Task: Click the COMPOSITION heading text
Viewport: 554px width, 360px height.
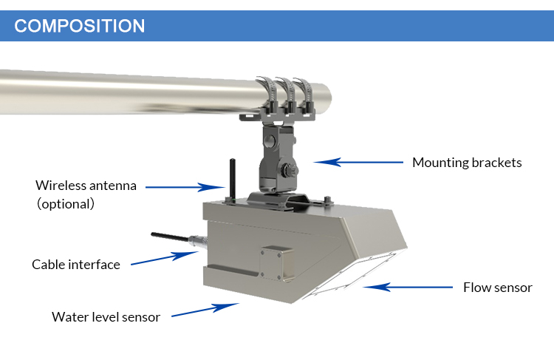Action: (80, 26)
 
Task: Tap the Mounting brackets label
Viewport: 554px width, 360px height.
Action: (467, 163)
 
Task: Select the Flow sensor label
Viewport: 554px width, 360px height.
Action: (497, 288)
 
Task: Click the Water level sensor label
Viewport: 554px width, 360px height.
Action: (106, 317)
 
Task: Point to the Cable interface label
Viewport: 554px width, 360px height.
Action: (76, 265)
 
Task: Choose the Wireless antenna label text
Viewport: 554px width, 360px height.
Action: (86, 186)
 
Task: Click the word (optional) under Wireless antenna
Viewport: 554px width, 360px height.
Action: (66, 204)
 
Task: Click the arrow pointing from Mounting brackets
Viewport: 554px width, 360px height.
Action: (358, 163)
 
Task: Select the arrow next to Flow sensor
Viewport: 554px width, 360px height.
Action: (408, 287)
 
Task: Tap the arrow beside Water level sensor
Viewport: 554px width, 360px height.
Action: (205, 310)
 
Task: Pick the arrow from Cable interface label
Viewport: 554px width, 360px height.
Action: (165, 258)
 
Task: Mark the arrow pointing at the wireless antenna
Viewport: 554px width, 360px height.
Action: (185, 187)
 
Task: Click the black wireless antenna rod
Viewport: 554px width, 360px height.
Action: (233, 180)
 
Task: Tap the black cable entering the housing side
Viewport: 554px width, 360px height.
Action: (171, 237)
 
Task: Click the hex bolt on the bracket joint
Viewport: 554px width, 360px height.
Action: (289, 171)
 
